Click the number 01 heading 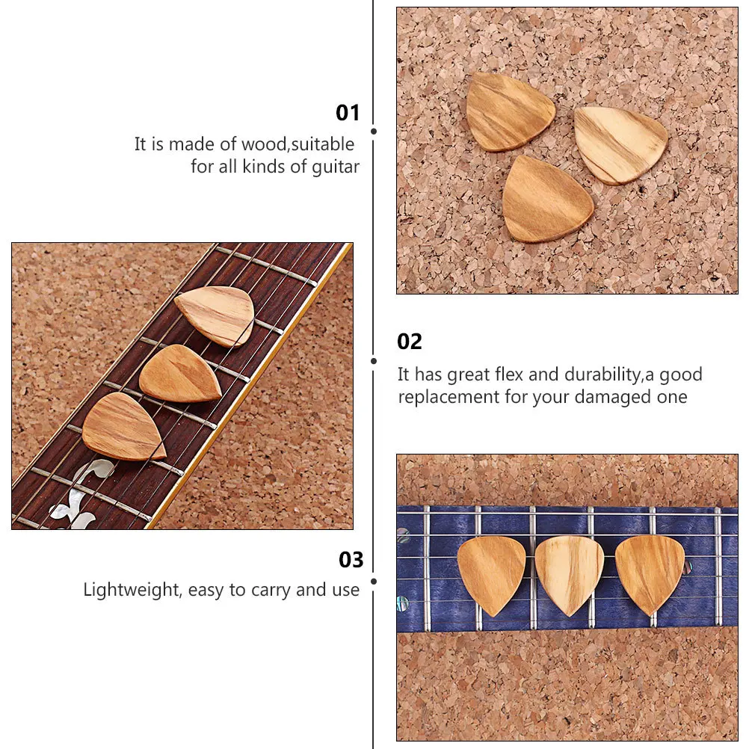(348, 113)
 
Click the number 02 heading (410, 342)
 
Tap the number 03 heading (351, 560)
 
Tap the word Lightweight (132, 590)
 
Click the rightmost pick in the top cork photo (620, 144)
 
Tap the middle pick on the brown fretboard (182, 372)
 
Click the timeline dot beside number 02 (374, 360)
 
